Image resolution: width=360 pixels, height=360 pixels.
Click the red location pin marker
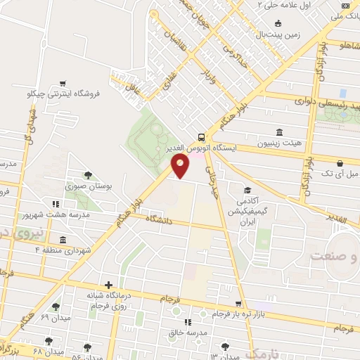tap(181, 166)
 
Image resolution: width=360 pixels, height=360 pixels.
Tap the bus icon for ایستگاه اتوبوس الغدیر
tap(202, 137)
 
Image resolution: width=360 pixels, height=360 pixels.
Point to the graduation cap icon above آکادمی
tap(247, 190)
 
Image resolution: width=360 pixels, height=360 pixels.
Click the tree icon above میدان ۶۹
tap(55, 307)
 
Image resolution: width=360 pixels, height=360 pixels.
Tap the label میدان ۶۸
tap(48, 352)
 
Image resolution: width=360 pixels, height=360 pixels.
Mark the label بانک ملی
tap(344, 15)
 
